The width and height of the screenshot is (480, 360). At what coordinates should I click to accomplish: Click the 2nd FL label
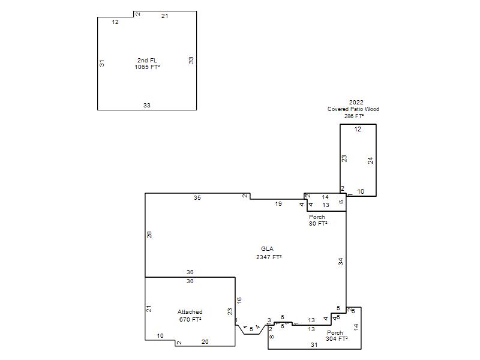(x=147, y=61)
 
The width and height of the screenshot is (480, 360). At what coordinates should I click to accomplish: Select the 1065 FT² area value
(x=147, y=67)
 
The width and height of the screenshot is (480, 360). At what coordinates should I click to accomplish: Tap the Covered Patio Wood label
(x=353, y=109)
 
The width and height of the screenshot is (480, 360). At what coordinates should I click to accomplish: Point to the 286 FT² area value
(x=354, y=116)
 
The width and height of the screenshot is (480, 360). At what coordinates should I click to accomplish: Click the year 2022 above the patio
(x=356, y=102)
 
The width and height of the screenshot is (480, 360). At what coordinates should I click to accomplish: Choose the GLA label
(x=267, y=249)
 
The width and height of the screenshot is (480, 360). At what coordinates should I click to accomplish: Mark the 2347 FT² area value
(x=269, y=257)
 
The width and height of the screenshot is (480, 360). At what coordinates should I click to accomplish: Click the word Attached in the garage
(x=190, y=311)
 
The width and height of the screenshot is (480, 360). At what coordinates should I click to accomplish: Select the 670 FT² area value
(x=190, y=319)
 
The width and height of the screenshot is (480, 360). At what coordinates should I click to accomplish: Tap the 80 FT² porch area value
(x=318, y=223)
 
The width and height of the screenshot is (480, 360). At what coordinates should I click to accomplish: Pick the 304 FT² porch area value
(x=337, y=338)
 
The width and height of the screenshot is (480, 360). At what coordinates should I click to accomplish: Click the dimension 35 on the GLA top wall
(x=197, y=198)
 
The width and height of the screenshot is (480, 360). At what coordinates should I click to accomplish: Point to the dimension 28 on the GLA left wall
(x=149, y=235)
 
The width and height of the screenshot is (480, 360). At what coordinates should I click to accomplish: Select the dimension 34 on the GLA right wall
(x=341, y=262)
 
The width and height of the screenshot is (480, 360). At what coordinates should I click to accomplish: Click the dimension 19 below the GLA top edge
(x=278, y=203)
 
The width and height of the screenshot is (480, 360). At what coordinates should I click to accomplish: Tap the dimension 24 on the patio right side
(x=370, y=160)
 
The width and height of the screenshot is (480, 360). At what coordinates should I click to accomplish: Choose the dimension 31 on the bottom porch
(x=314, y=344)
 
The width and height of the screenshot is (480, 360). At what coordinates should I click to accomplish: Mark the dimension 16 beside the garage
(x=239, y=300)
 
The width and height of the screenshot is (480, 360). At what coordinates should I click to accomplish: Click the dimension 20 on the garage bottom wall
(x=205, y=341)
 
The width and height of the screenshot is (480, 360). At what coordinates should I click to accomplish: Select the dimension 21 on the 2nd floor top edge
(x=164, y=16)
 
